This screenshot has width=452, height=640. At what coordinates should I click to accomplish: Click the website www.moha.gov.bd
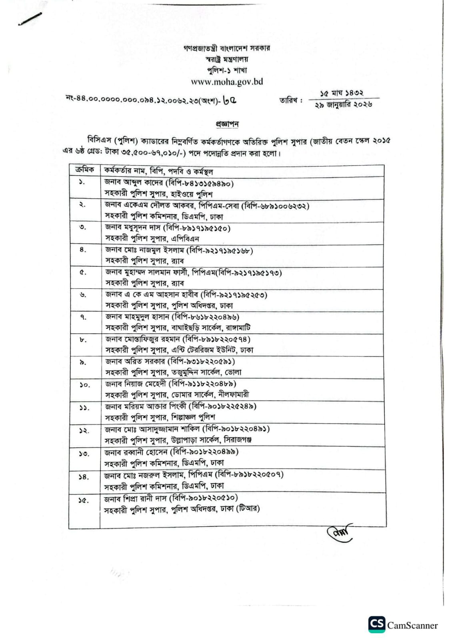[x=227, y=82]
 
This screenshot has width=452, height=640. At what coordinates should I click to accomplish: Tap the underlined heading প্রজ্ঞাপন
[x=227, y=124]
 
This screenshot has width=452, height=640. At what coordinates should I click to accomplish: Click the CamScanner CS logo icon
[x=376, y=624]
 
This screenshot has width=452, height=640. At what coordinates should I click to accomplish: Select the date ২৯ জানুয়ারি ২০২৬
[x=344, y=105]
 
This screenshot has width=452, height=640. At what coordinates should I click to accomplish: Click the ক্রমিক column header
[x=84, y=170]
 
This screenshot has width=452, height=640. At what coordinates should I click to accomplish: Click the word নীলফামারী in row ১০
[x=234, y=394]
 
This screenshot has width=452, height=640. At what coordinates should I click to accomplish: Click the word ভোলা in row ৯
[x=233, y=372]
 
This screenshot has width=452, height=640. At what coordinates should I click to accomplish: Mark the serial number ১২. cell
[x=84, y=431]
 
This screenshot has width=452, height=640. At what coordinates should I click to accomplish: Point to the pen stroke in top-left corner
[x=30, y=19]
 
